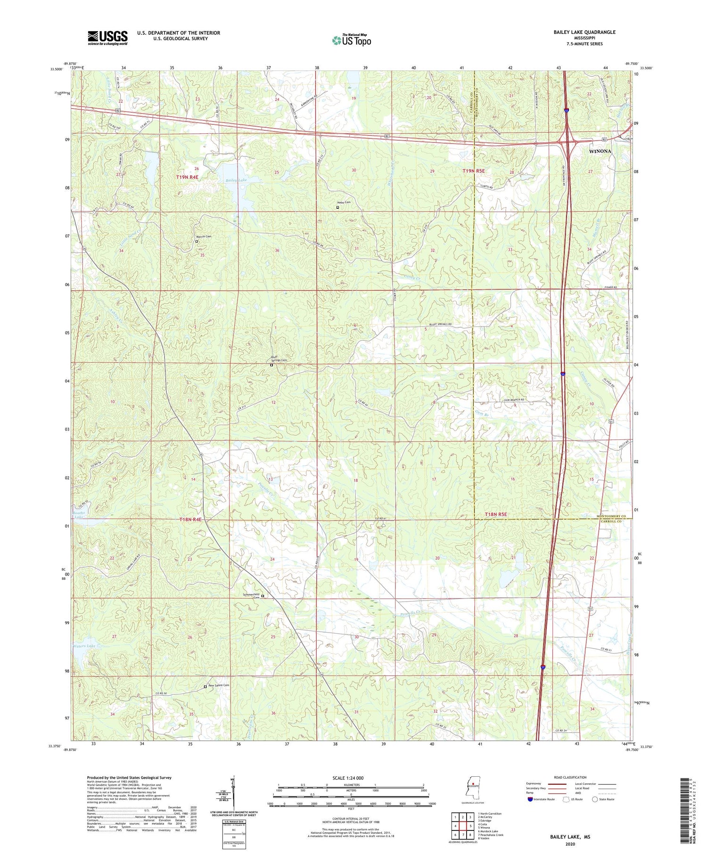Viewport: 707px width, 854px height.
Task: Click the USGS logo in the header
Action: (x=107, y=38)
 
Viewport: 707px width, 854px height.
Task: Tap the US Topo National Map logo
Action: (x=351, y=40)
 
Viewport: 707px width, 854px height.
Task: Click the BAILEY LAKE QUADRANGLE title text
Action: (x=584, y=32)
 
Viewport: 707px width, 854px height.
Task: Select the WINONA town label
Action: (x=600, y=151)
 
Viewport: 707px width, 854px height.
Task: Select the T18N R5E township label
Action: (x=496, y=514)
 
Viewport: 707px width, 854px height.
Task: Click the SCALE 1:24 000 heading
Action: (x=351, y=778)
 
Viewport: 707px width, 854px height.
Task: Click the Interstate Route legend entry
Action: (x=542, y=799)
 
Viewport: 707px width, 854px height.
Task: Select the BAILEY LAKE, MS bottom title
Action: (x=570, y=837)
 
